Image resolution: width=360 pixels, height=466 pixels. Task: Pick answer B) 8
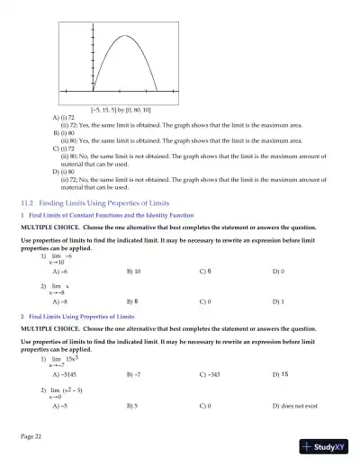click(x=133, y=302)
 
